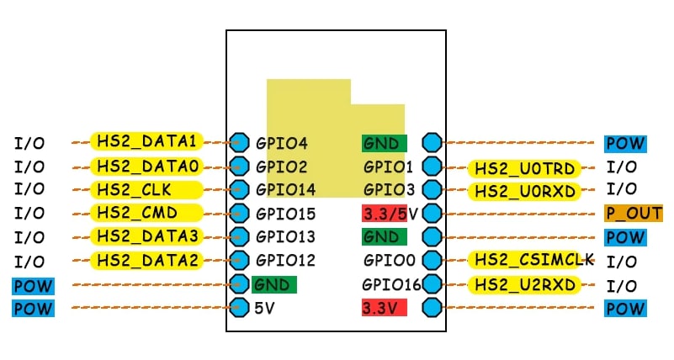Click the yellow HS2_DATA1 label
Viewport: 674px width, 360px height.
(146, 141)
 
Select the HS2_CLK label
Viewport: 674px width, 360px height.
(146, 189)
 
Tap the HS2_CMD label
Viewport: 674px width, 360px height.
(146, 213)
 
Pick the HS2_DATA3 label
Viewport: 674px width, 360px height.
(146, 236)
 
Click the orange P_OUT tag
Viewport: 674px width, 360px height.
(633, 214)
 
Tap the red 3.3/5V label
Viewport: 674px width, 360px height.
(389, 213)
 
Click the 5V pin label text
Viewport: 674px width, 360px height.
(265, 308)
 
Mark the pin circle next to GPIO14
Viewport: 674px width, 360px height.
(239, 189)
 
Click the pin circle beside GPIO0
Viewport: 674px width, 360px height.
(433, 260)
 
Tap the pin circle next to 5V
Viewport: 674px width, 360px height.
(239, 307)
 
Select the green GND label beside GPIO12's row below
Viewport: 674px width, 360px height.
(273, 284)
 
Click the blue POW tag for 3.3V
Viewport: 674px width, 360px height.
(625, 309)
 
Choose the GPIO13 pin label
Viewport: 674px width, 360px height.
(286, 237)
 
